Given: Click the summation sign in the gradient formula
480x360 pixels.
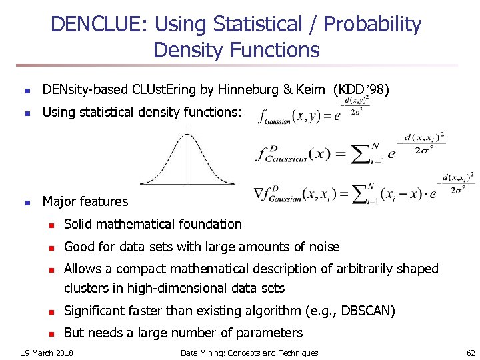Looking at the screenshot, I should click(355, 193).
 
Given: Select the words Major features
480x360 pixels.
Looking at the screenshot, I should click(85, 201).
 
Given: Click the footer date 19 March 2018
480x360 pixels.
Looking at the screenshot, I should click(47, 353).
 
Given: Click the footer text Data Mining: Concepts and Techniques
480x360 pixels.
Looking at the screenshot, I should click(249, 353).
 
